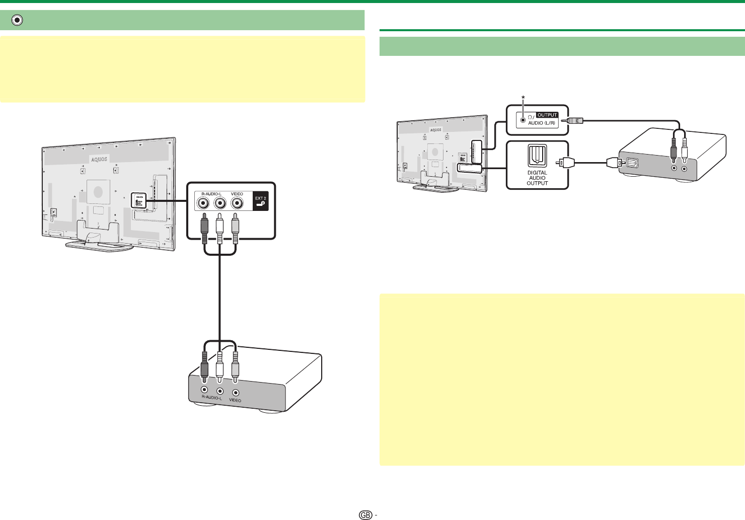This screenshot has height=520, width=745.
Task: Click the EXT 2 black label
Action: point(260,202)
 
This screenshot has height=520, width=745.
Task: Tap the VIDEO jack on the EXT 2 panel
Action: point(237,203)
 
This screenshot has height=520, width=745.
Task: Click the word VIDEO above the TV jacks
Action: point(237,194)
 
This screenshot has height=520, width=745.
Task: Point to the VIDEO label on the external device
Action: point(235,400)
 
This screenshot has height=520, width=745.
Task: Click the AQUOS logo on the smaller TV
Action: point(435,129)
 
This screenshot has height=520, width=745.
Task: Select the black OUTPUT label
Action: point(547,115)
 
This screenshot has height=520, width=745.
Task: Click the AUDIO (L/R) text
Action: point(541,123)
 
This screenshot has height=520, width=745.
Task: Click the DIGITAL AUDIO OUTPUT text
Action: point(537,178)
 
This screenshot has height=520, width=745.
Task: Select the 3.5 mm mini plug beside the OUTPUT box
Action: point(574,120)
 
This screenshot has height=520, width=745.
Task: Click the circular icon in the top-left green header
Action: point(18,20)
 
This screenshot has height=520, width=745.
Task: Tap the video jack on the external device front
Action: point(236,392)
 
